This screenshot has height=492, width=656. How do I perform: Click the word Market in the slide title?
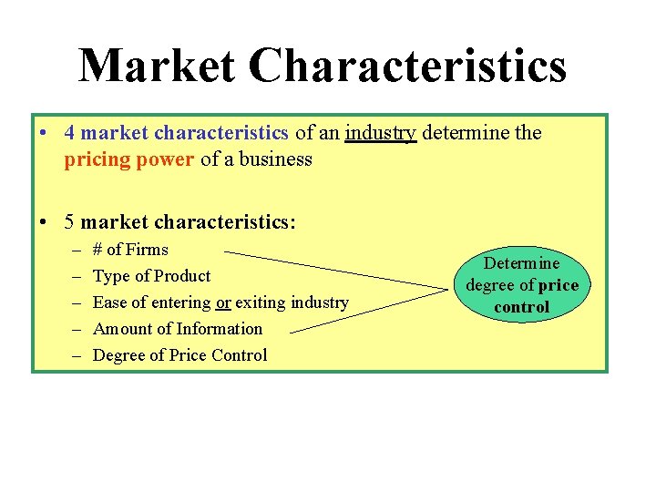[156, 67]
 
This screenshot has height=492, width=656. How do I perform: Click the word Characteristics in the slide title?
[406, 67]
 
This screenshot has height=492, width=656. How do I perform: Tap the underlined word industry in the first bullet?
[381, 133]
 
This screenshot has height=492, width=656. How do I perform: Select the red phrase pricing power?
[129, 159]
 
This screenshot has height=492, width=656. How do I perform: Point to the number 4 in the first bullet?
[70, 133]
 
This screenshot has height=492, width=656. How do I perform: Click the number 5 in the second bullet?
[70, 221]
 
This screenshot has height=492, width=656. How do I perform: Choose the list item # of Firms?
[130, 250]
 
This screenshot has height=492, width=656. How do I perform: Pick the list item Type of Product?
[151, 276]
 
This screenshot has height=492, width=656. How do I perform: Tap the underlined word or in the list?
[223, 302]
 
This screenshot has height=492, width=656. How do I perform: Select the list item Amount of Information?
[177, 329]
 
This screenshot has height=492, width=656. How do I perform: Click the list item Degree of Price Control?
[179, 355]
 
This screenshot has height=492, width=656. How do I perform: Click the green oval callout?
[521, 284]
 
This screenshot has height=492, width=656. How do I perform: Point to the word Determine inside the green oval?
[521, 263]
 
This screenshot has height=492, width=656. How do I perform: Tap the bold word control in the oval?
[521, 307]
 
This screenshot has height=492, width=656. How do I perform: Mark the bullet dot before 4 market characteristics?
[45, 133]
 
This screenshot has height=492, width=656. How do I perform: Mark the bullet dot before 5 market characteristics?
[45, 221]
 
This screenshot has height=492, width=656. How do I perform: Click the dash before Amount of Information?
[74, 329]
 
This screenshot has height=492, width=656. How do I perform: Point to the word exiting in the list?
[261, 302]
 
